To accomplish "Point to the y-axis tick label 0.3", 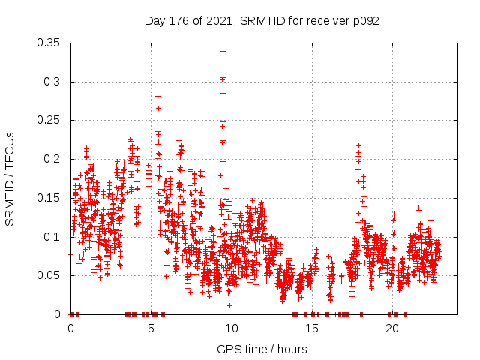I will point(55,82).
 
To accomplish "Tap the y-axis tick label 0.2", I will point(55,159).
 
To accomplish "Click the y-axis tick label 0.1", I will point(55,237).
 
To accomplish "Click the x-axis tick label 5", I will point(151,328).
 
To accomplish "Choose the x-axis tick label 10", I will point(232,328).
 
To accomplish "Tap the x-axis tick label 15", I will point(312,328).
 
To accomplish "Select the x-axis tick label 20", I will point(392,328).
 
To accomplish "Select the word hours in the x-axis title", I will point(291,349).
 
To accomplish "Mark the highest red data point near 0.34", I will point(223,51).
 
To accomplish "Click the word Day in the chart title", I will point(154,21).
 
